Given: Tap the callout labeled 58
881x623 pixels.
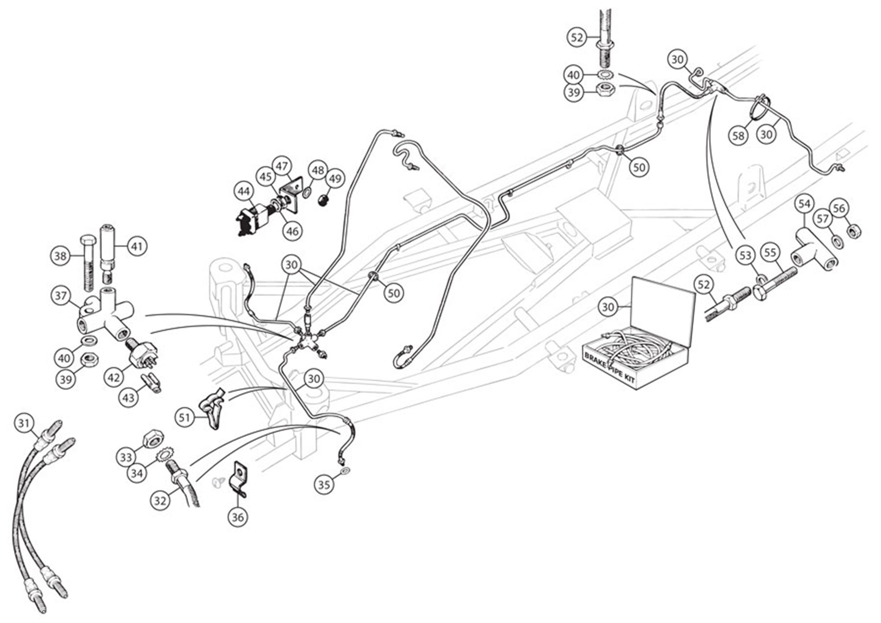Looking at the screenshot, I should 738,135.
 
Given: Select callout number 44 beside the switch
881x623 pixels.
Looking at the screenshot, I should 244,191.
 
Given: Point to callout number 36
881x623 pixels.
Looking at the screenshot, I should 237,517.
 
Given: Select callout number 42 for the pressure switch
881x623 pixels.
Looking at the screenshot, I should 114,377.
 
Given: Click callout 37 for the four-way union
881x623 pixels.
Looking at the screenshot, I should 60,295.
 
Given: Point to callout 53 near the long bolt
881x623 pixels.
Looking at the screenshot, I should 745,256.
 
